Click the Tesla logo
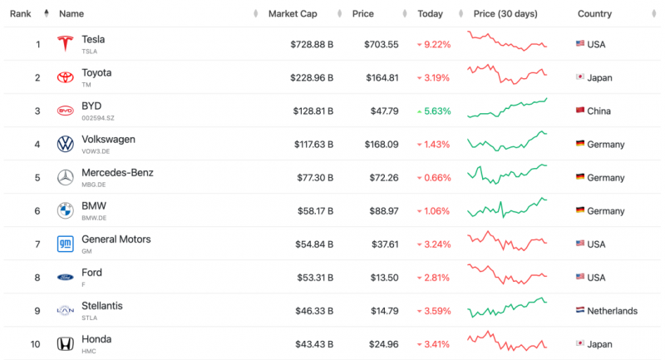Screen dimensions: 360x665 click(x=65, y=44)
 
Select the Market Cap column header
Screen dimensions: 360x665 click(x=292, y=14)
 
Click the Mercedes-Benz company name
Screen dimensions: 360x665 click(x=117, y=173)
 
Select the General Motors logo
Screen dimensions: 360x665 click(x=65, y=244)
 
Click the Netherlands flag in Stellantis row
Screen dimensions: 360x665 click(x=580, y=311)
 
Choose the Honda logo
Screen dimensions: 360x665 click(x=65, y=343)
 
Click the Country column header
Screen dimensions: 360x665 click(x=594, y=14)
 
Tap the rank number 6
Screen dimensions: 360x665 click(x=37, y=211)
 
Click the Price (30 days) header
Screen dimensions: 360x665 click(x=505, y=14)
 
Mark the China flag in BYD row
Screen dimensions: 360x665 click(x=580, y=111)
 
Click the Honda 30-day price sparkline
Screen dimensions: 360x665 click(x=507, y=342)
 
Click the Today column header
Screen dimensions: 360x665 click(x=430, y=14)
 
